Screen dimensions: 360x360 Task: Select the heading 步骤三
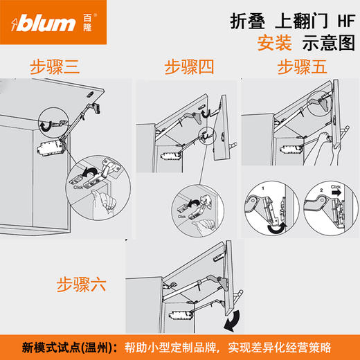click(55, 67)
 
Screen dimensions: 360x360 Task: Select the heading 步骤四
click(189, 67)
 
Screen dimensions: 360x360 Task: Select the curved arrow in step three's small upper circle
click(46, 125)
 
